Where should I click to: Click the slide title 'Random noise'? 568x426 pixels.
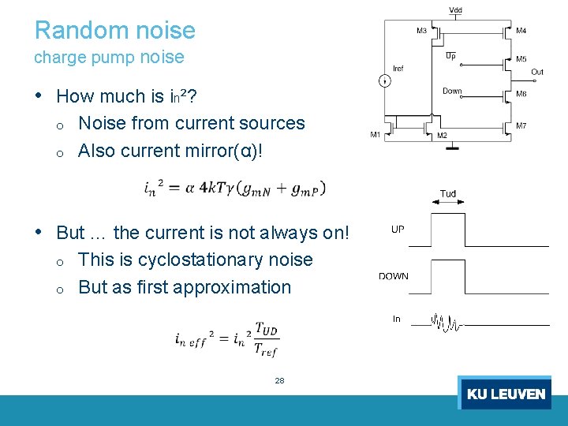tap(115, 31)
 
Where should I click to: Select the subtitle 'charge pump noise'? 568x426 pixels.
tap(109, 58)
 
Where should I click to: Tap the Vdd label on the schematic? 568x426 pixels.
tap(456, 10)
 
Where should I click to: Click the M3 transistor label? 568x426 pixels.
tap(422, 31)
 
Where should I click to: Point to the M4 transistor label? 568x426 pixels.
tap(521, 31)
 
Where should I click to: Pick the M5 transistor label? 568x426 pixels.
tap(521, 59)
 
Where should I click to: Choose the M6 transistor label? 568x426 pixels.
tap(521, 94)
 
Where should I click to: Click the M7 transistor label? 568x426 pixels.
tap(521, 126)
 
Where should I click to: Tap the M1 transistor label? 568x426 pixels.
tap(376, 135)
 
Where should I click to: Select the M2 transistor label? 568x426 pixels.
tap(442, 136)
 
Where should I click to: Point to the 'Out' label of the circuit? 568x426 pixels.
tap(536, 72)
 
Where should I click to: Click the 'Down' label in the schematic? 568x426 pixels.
tap(452, 92)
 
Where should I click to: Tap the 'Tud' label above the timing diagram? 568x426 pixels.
tap(447, 194)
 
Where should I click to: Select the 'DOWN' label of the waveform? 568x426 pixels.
tap(394, 276)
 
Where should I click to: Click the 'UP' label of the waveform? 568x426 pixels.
tap(398, 230)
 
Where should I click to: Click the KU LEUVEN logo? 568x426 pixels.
tap(505, 393)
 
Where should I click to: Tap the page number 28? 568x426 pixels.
tap(279, 380)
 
